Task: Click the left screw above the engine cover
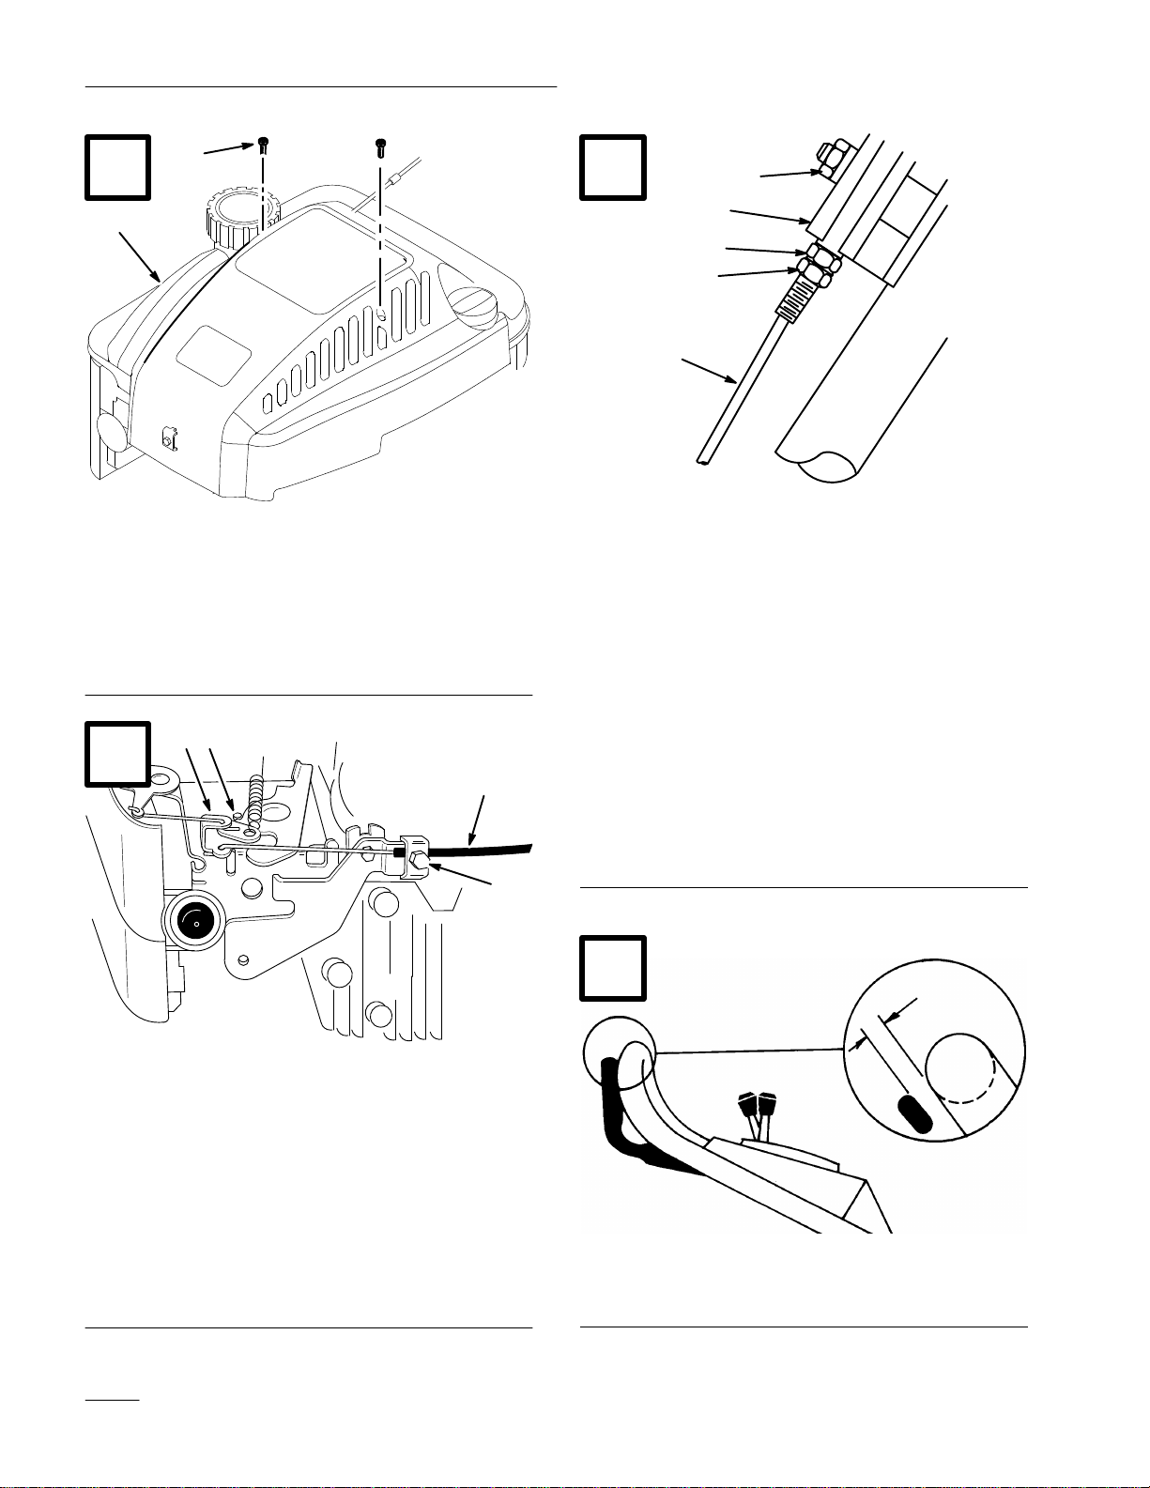pos(264,144)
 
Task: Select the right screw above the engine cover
pos(380,146)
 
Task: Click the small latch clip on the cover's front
pos(170,438)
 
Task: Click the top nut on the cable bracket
pos(832,158)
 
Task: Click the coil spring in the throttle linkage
pos(254,794)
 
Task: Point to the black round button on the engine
pos(196,922)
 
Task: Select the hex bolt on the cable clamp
pos(419,861)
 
